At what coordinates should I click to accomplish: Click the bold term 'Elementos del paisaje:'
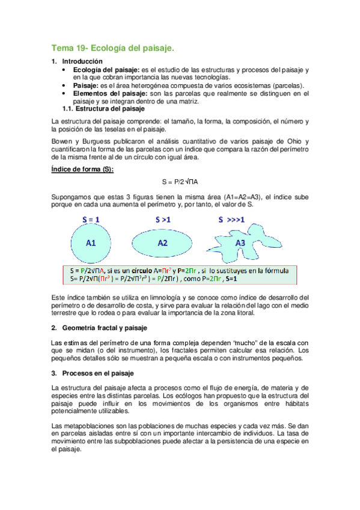(x=109, y=93)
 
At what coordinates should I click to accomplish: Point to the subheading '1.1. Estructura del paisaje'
(x=103, y=109)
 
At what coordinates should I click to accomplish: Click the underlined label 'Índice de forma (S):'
(x=82, y=170)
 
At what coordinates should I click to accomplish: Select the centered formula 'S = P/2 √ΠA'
(x=180, y=182)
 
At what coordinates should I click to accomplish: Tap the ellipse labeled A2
(x=163, y=243)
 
